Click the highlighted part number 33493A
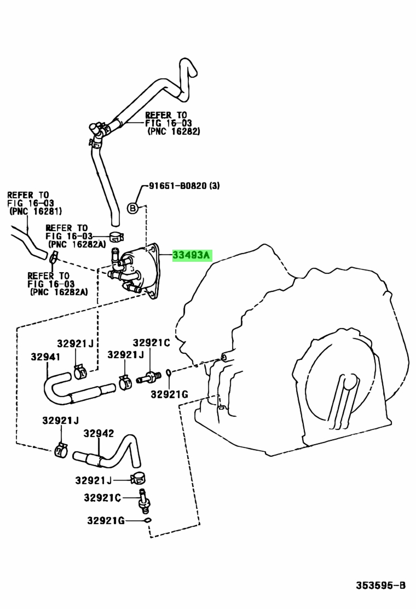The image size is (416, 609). click(x=191, y=255)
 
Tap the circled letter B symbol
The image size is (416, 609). click(x=133, y=208)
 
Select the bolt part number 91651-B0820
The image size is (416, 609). click(x=178, y=186)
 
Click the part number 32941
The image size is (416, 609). click(x=45, y=357)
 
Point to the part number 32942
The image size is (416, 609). click(x=99, y=433)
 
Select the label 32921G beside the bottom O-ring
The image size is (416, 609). click(x=106, y=520)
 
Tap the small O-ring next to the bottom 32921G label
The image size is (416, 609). click(x=147, y=520)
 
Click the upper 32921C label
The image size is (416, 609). click(x=151, y=343)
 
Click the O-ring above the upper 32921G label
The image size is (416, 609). click(x=169, y=373)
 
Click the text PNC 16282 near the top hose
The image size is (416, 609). click(x=174, y=131)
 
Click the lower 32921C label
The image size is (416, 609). click(x=102, y=497)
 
